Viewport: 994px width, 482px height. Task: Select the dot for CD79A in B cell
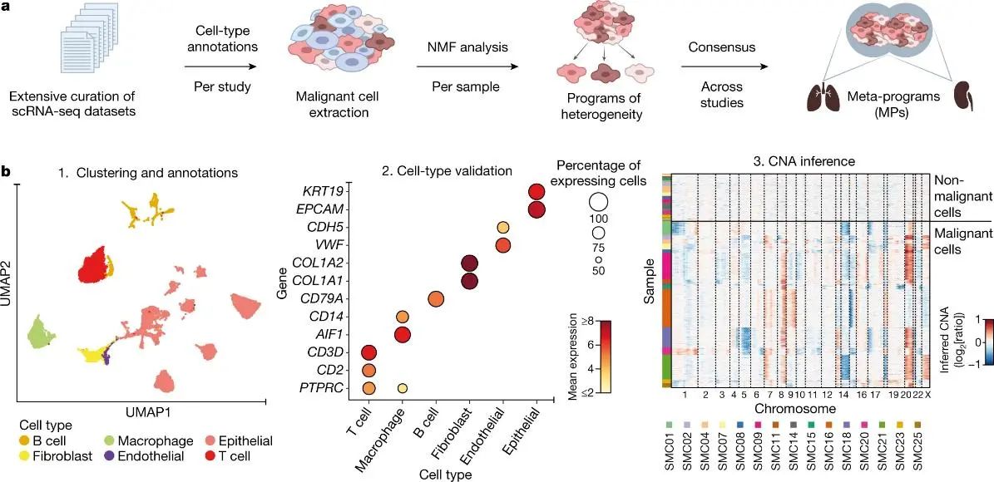pos(436,299)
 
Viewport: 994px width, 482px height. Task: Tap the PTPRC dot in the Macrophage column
pos(402,387)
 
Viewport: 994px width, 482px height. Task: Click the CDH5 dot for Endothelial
pos(502,228)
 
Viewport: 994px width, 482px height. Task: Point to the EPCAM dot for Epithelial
pos(537,209)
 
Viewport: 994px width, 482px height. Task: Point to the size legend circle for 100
pos(598,202)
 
